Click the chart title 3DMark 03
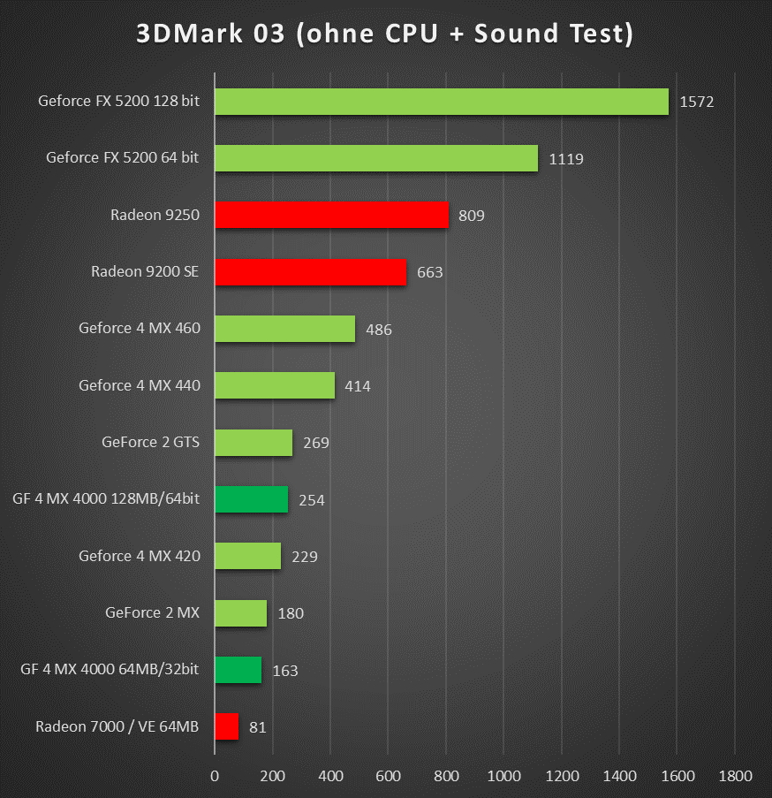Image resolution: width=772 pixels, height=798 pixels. click(384, 33)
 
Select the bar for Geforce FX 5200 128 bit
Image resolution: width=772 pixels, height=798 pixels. click(442, 102)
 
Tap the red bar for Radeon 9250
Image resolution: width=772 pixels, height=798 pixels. click(331, 215)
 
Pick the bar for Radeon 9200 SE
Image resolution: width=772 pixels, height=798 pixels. click(310, 272)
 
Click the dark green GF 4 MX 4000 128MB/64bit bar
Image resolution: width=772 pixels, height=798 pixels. click(251, 499)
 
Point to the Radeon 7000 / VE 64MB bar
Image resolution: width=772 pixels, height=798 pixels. click(226, 726)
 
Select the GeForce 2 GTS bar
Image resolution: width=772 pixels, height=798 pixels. click(254, 443)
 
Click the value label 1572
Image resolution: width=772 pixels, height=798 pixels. click(696, 102)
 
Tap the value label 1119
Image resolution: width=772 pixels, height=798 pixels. click(565, 159)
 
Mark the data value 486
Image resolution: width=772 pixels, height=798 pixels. click(378, 330)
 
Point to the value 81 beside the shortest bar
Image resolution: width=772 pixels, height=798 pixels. click(257, 727)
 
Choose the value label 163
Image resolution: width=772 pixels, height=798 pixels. click(285, 671)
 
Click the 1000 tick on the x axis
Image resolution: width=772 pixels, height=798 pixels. click(503, 776)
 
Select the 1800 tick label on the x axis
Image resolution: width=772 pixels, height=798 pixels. click(735, 776)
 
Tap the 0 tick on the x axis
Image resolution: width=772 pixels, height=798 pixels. click(215, 776)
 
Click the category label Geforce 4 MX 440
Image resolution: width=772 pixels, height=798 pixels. click(140, 385)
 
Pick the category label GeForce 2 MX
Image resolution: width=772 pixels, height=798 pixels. click(152, 612)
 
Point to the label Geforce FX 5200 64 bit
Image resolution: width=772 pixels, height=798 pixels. click(122, 158)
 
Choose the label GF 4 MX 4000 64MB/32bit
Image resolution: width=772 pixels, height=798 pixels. click(110, 669)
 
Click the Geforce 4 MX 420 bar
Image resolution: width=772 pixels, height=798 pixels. click(247, 556)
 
